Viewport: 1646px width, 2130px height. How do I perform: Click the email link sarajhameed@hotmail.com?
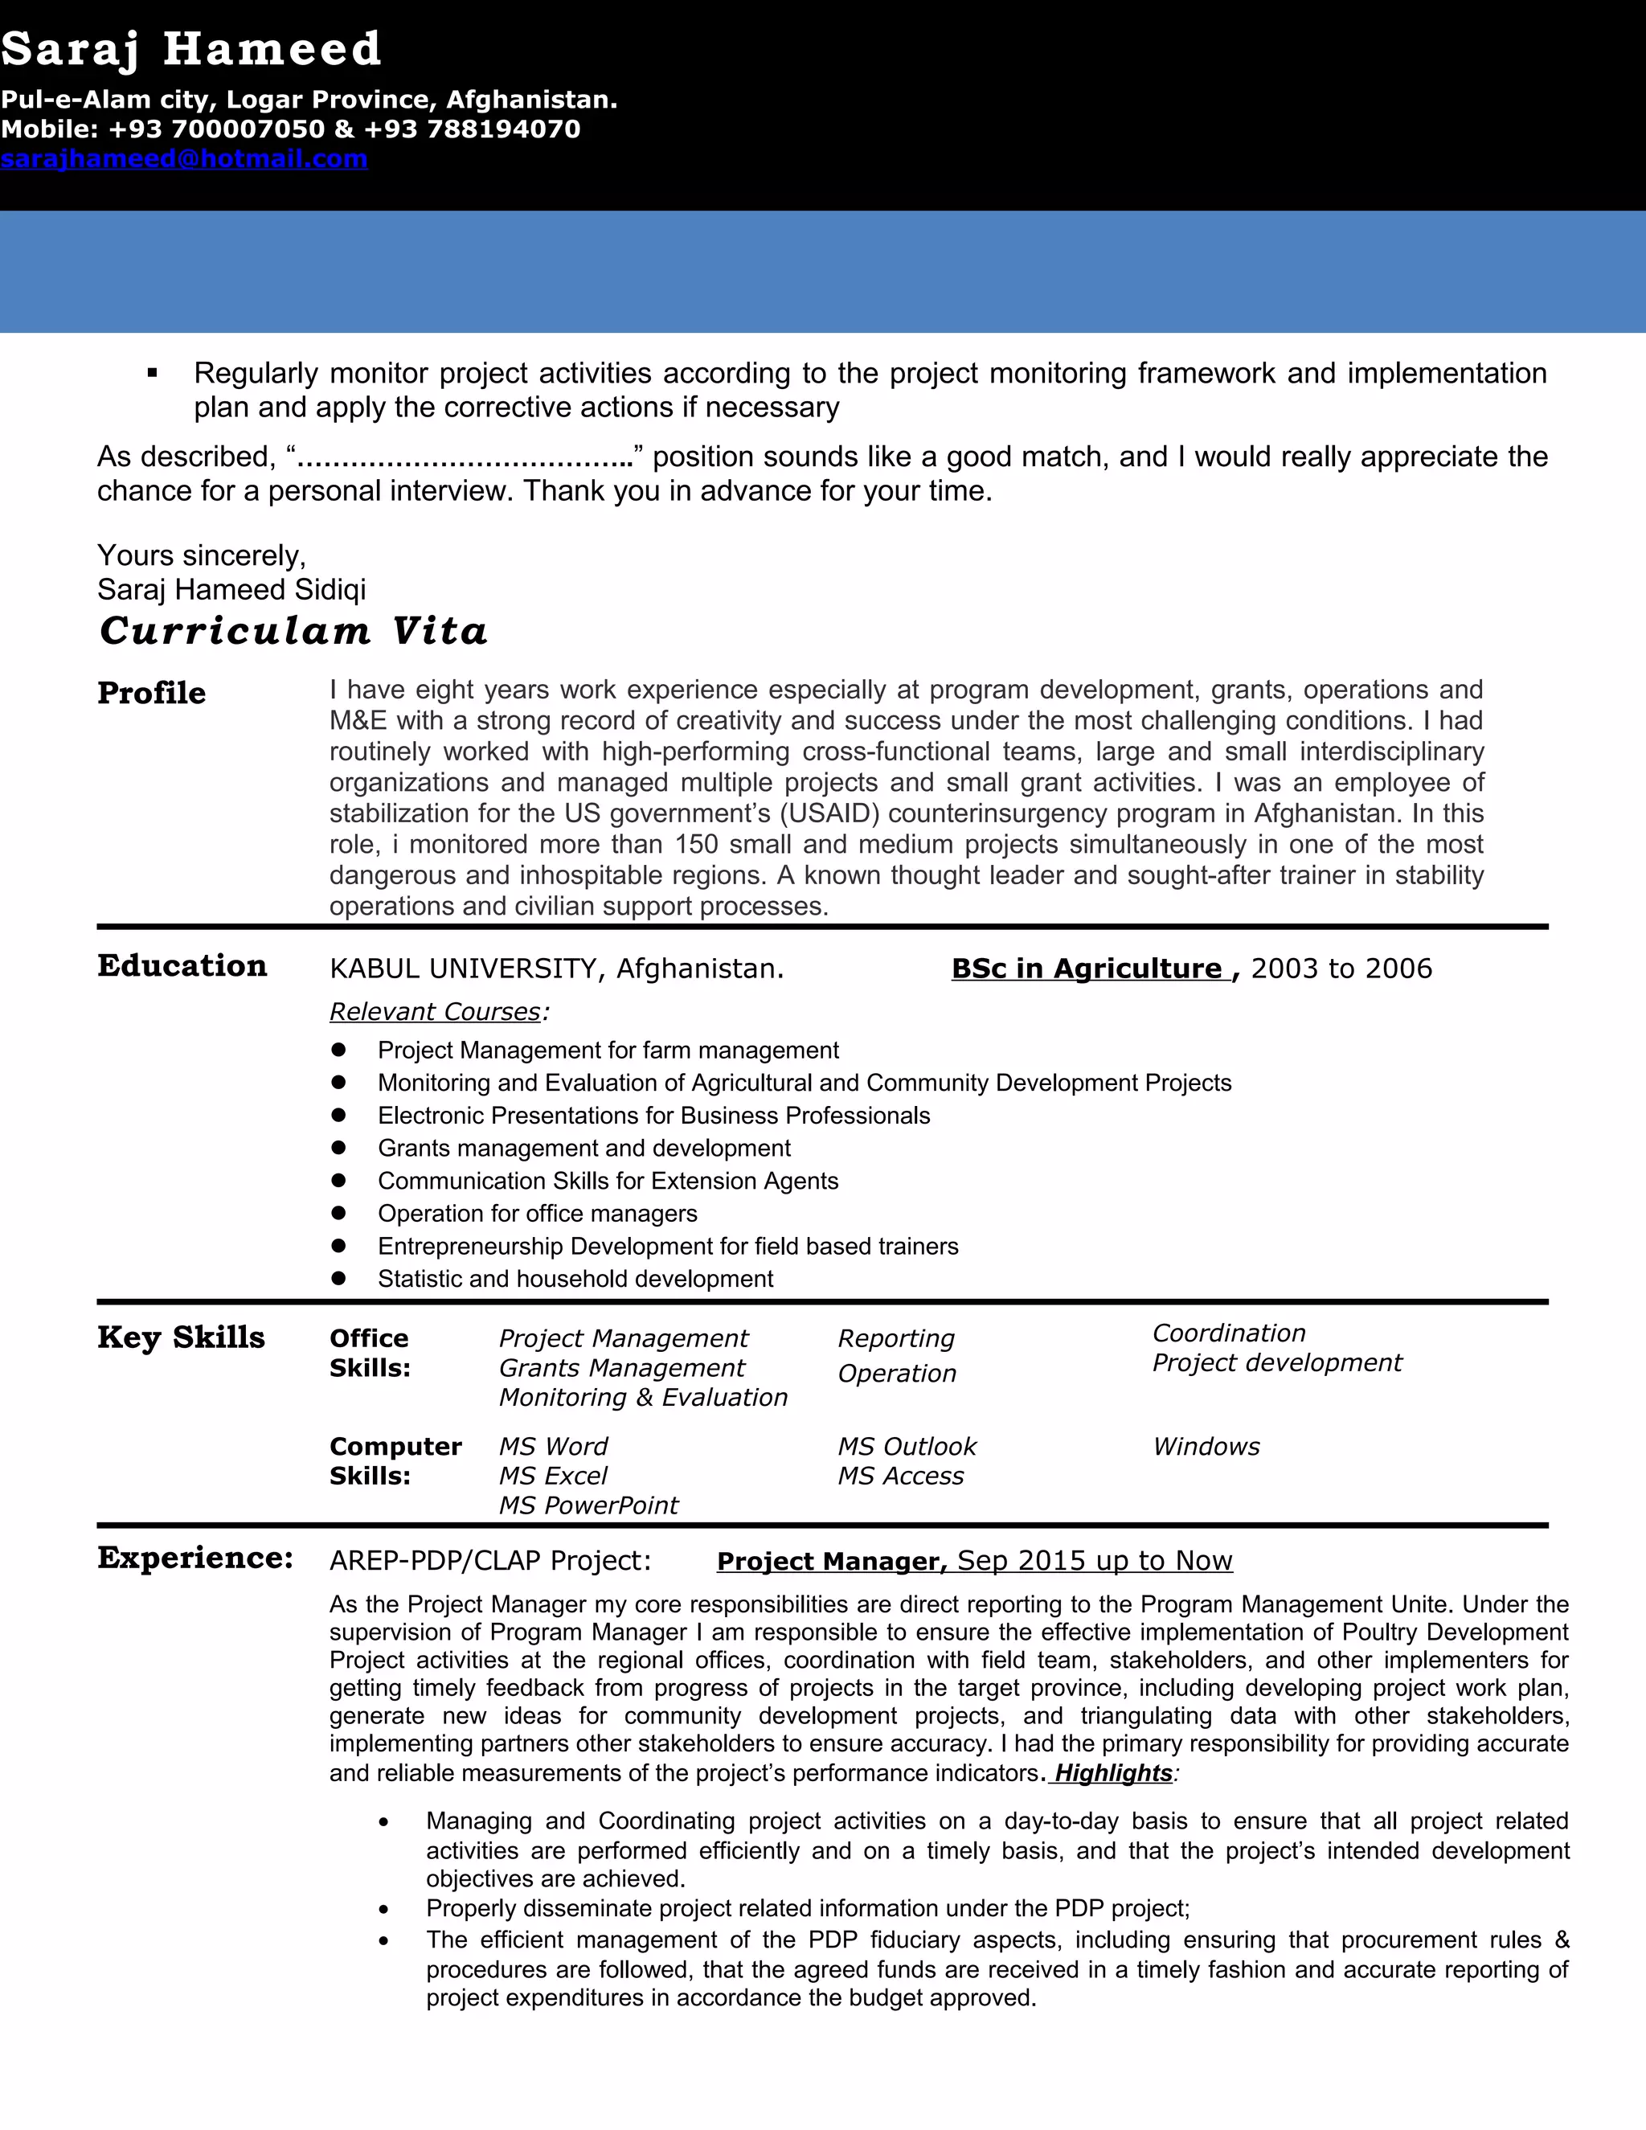coord(184,159)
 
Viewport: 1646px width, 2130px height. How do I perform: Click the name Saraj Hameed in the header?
coord(191,49)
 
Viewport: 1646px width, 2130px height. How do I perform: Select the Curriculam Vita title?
coord(293,631)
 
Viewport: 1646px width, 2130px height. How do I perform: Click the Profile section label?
coord(151,694)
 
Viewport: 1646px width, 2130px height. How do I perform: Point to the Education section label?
coord(182,965)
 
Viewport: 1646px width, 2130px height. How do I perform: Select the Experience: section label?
coord(195,1559)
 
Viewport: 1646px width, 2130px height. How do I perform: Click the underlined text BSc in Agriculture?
coord(1087,969)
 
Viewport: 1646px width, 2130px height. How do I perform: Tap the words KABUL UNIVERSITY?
coord(462,969)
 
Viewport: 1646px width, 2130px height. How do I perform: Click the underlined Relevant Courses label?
coord(435,1012)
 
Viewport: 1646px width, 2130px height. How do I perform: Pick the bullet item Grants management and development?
coord(583,1148)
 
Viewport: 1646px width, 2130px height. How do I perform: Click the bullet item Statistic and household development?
coord(575,1279)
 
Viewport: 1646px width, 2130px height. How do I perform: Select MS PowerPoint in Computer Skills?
coord(588,1505)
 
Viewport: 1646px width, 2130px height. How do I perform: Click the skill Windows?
coord(1206,1446)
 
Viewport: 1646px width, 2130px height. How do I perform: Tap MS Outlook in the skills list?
coord(907,1446)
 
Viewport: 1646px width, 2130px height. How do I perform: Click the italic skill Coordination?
coord(1229,1333)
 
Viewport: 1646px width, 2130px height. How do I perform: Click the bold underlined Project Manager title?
coord(832,1562)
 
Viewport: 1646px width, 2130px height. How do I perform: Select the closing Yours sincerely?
coord(202,556)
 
